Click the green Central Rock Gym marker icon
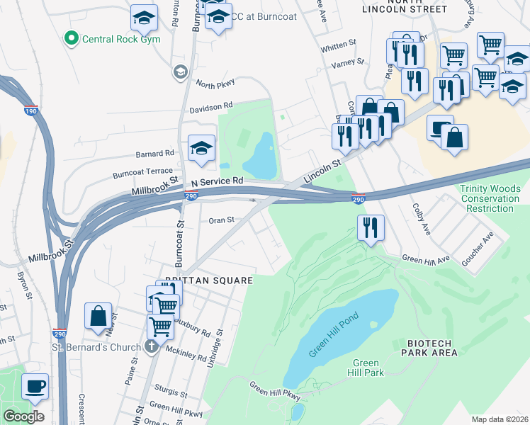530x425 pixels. pos(70,38)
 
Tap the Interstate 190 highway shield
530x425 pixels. pos(30,109)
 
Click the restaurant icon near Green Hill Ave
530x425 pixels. pos(371,228)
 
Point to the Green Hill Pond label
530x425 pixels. pos(334,335)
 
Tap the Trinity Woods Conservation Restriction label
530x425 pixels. pos(490,198)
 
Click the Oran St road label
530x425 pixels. pos(221,220)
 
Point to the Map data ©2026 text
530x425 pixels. pos(499,419)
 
